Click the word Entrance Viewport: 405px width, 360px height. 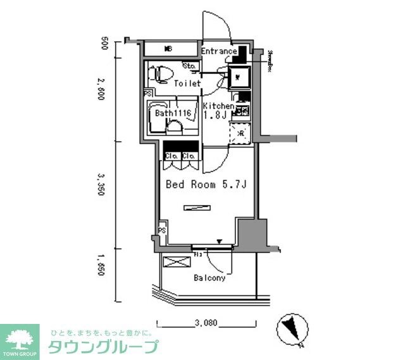pyautogui.click(x=219, y=51)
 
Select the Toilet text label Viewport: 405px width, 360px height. pyautogui.click(x=187, y=83)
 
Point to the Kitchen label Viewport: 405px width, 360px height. pyautogui.click(x=218, y=106)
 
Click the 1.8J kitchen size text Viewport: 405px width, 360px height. pyautogui.click(x=215, y=115)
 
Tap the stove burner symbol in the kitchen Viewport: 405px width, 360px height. pyautogui.click(x=241, y=111)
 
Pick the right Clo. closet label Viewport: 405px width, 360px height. pyautogui.click(x=189, y=156)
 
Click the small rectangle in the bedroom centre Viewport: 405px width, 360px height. pyautogui.click(x=196, y=207)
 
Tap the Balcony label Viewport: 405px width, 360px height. pyautogui.click(x=209, y=277)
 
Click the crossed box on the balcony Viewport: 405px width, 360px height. pyautogui.click(x=173, y=263)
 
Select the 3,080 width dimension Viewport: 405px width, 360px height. pyautogui.click(x=206, y=323)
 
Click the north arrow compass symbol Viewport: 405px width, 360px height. pyautogui.click(x=292, y=328)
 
